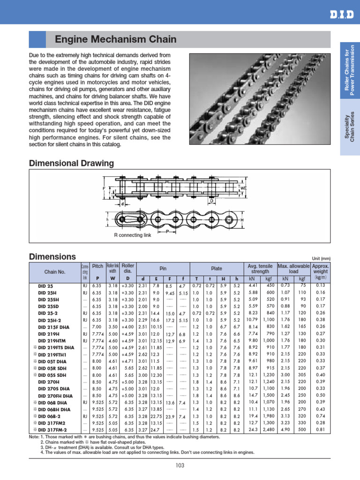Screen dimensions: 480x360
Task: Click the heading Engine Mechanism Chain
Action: point(116,39)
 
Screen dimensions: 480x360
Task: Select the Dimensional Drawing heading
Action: point(71,163)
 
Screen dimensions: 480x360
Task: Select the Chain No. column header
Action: point(54,271)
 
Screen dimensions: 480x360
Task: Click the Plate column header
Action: point(216,269)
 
